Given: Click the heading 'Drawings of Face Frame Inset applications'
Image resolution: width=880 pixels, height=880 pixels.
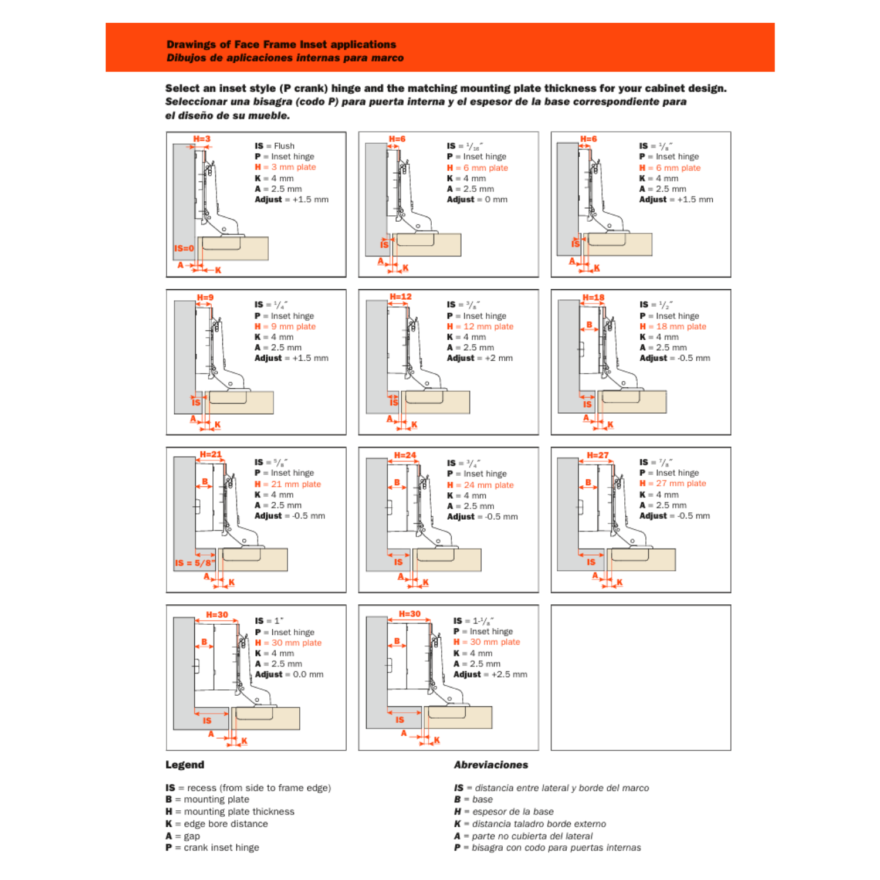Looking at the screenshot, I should (x=281, y=45).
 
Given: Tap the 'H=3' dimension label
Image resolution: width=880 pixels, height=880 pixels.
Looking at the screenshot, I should (x=202, y=139).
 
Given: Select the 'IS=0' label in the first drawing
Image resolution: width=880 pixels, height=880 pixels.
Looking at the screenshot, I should (x=184, y=248).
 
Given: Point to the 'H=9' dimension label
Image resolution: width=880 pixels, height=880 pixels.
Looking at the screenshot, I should (x=205, y=297).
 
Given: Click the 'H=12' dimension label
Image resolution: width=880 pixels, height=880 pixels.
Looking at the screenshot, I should (x=401, y=297).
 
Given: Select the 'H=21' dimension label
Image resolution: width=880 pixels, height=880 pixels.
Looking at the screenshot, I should (x=211, y=455).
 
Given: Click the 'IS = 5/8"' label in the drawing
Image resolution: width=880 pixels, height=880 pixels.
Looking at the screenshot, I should (x=195, y=563).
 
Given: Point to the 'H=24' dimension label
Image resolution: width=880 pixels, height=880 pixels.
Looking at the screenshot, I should (x=405, y=455).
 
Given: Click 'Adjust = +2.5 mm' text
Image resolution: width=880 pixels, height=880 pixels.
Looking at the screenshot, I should (x=490, y=675).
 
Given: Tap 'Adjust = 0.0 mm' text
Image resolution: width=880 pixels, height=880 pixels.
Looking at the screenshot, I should (x=289, y=675).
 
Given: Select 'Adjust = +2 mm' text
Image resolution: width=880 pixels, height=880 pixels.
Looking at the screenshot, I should (x=479, y=358).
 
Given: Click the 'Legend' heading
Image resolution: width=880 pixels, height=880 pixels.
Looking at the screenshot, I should (x=185, y=765).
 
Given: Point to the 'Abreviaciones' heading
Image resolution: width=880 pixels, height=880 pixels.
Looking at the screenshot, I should (x=490, y=765).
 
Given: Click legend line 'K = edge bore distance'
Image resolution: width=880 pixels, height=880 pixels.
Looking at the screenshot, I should (x=216, y=824).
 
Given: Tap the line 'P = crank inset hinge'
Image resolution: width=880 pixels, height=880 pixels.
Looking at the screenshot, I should (x=212, y=848).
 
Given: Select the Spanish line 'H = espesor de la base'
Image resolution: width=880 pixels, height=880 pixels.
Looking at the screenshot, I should (x=503, y=812).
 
